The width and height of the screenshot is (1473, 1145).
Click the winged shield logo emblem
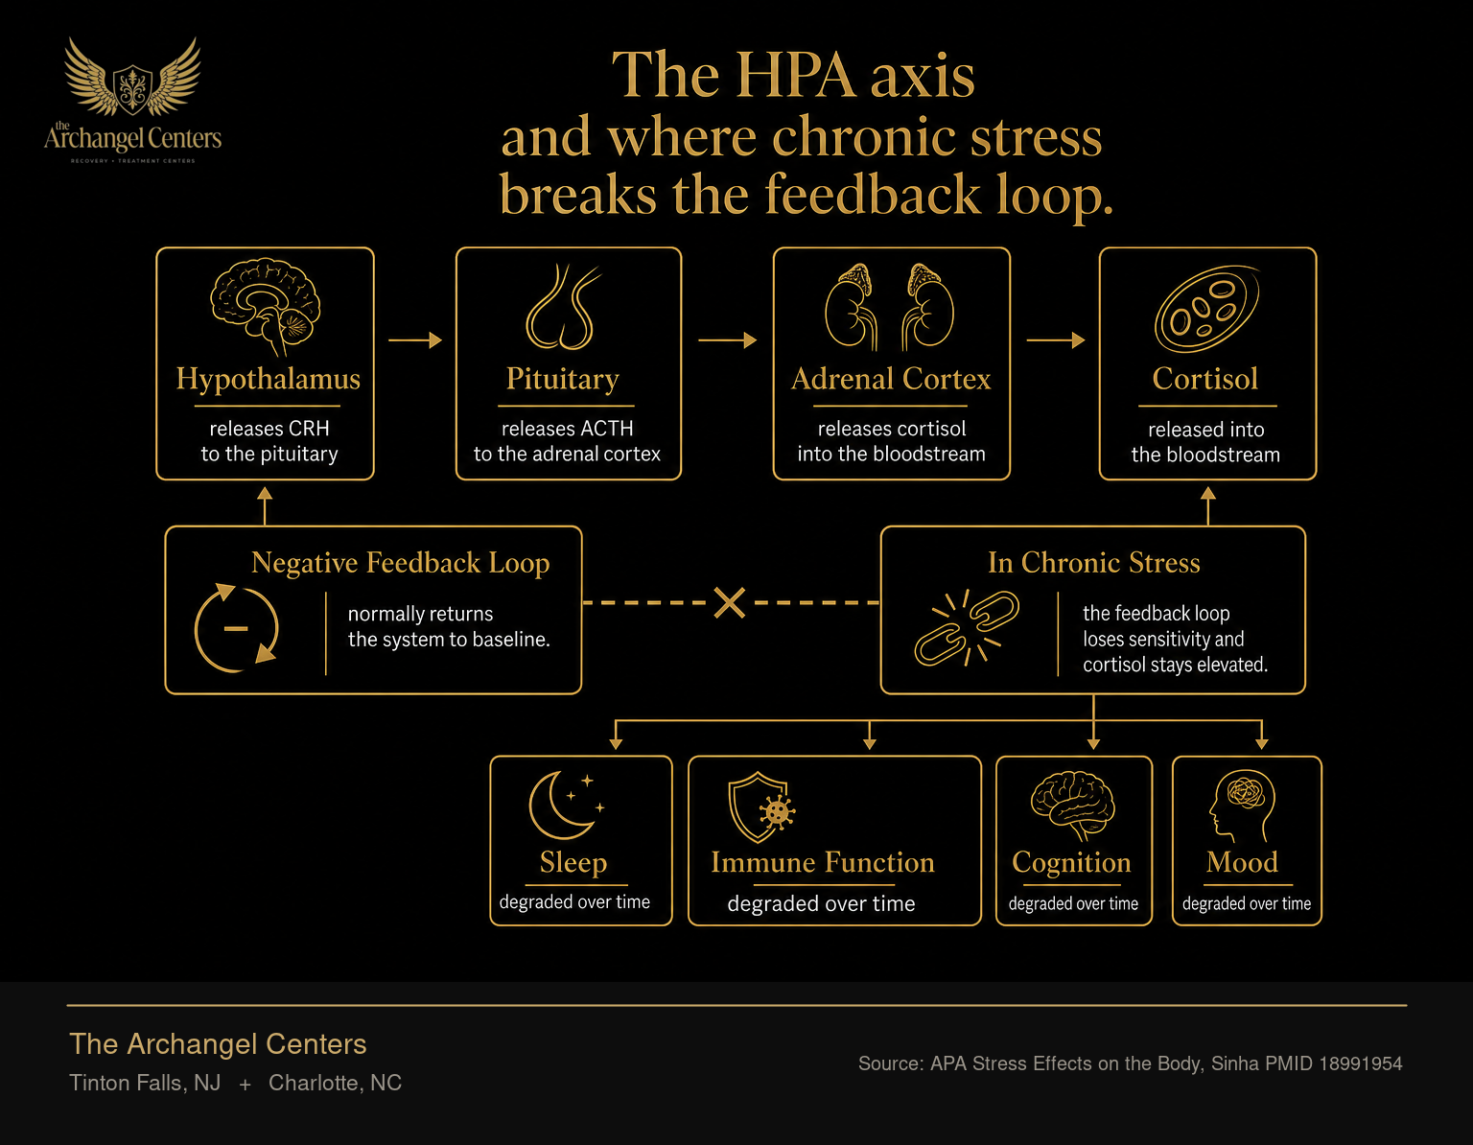pyautogui.click(x=132, y=78)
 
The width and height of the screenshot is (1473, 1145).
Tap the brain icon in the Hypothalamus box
pyautogui.click(x=265, y=306)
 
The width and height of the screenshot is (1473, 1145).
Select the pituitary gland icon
pyautogui.click(x=562, y=306)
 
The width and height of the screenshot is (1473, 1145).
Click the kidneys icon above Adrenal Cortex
pyautogui.click(x=889, y=306)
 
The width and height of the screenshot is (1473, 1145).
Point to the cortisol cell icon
pyautogui.click(x=1206, y=309)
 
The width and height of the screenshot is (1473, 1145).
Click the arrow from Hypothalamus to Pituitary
pyautogui.click(x=415, y=339)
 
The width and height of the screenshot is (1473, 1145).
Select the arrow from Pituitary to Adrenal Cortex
pyautogui.click(x=727, y=339)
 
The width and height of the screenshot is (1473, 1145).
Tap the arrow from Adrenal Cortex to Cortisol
pyautogui.click(x=1056, y=339)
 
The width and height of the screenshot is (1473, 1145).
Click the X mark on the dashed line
pyautogui.click(x=730, y=602)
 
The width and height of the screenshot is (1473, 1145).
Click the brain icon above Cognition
pyautogui.click(x=1072, y=806)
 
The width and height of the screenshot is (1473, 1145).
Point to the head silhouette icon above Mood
pyautogui.click(x=1243, y=806)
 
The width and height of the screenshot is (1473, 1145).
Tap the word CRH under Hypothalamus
pyautogui.click(x=309, y=429)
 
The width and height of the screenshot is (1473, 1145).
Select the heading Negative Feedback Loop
pyautogui.click(x=400, y=563)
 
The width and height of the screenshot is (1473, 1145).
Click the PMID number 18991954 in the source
pyautogui.click(x=1360, y=1063)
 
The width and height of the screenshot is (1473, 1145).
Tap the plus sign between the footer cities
pyautogui.click(x=245, y=1085)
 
